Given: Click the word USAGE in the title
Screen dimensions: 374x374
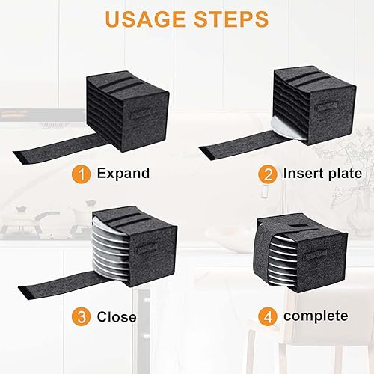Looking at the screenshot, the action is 146,19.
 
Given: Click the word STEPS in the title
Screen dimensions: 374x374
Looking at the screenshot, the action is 232,19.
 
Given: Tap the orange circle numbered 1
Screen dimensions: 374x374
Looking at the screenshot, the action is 82,174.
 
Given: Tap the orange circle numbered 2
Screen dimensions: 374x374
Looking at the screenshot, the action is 268,174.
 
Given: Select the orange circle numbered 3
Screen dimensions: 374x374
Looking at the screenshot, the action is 82,316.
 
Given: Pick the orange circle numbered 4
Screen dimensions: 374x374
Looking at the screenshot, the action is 268,316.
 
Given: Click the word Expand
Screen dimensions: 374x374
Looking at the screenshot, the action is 123,174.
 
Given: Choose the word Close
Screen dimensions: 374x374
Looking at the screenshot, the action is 117,317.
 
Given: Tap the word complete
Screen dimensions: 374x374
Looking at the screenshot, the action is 316,316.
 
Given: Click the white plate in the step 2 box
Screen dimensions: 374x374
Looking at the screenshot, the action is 286,129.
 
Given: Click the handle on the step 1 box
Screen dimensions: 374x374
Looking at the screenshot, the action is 141,114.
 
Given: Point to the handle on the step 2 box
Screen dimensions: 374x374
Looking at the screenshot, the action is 327,107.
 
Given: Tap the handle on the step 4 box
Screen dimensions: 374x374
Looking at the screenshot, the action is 316,256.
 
